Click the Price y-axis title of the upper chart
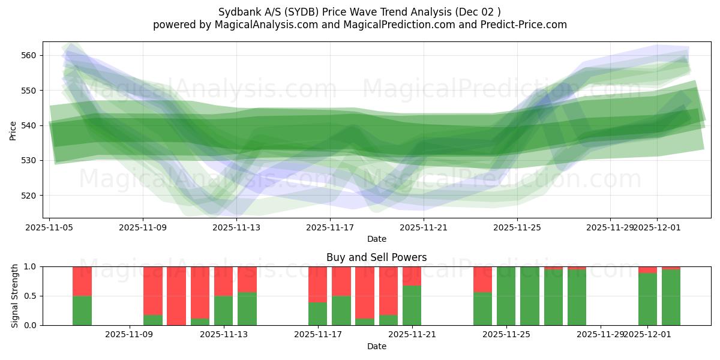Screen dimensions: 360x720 [13, 130]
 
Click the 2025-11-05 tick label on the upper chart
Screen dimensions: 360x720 [49, 227]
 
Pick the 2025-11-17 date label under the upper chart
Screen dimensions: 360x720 [330, 227]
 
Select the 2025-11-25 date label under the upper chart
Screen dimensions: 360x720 [517, 227]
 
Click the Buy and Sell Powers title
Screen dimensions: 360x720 [377, 257]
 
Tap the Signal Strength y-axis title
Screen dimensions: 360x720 [16, 296]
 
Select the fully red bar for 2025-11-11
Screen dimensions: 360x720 [176, 296]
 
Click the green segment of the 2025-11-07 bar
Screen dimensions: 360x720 [82, 310]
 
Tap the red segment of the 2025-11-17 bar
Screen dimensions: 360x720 [318, 284]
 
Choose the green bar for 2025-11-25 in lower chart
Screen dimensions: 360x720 [506, 296]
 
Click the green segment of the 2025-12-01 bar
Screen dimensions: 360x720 [647, 299]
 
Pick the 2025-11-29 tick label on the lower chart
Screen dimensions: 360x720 [600, 334]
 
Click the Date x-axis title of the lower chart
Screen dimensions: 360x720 [377, 346]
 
